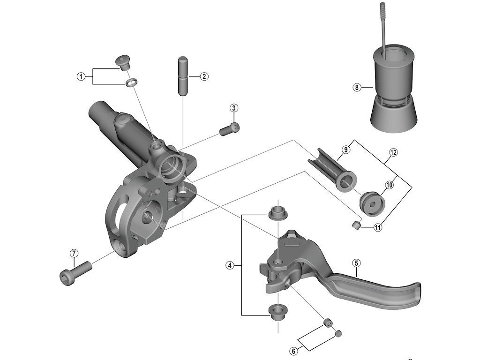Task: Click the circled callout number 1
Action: point(81,76)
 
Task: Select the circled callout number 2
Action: point(204,76)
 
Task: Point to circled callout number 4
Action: point(230,265)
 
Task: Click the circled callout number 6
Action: point(293,350)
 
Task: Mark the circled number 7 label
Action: point(74,253)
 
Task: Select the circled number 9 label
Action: point(345,150)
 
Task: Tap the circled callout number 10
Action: point(389,185)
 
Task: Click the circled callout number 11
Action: point(378,228)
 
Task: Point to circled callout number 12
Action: point(393,152)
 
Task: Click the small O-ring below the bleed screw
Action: point(131,83)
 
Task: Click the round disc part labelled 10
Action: point(372,203)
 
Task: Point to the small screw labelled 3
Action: point(229,129)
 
